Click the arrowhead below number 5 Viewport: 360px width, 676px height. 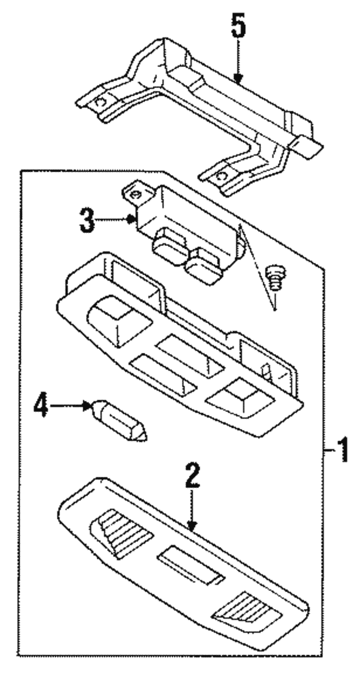tap(238, 79)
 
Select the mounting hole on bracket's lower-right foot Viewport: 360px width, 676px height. tap(222, 176)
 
